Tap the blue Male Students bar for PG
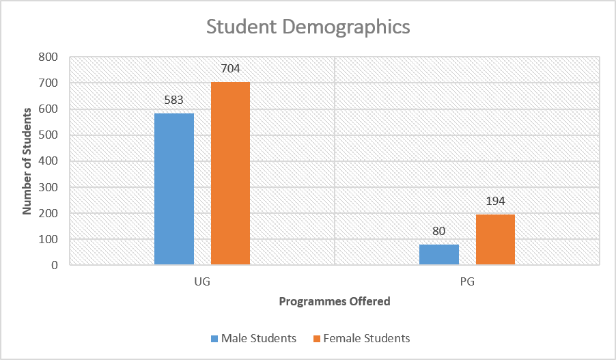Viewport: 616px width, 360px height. click(x=439, y=255)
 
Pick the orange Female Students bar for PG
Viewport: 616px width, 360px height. click(x=495, y=240)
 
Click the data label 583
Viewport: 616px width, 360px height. click(x=174, y=100)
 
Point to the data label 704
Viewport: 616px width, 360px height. click(x=230, y=68)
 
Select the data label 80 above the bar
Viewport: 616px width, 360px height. click(x=439, y=231)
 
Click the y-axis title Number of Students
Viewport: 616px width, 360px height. click(x=28, y=161)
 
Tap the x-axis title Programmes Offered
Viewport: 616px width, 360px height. click(x=335, y=301)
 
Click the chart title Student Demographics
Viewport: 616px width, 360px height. click(x=308, y=27)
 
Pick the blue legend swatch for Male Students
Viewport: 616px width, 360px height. click(x=214, y=339)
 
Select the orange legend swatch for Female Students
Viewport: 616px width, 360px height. click(x=316, y=339)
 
